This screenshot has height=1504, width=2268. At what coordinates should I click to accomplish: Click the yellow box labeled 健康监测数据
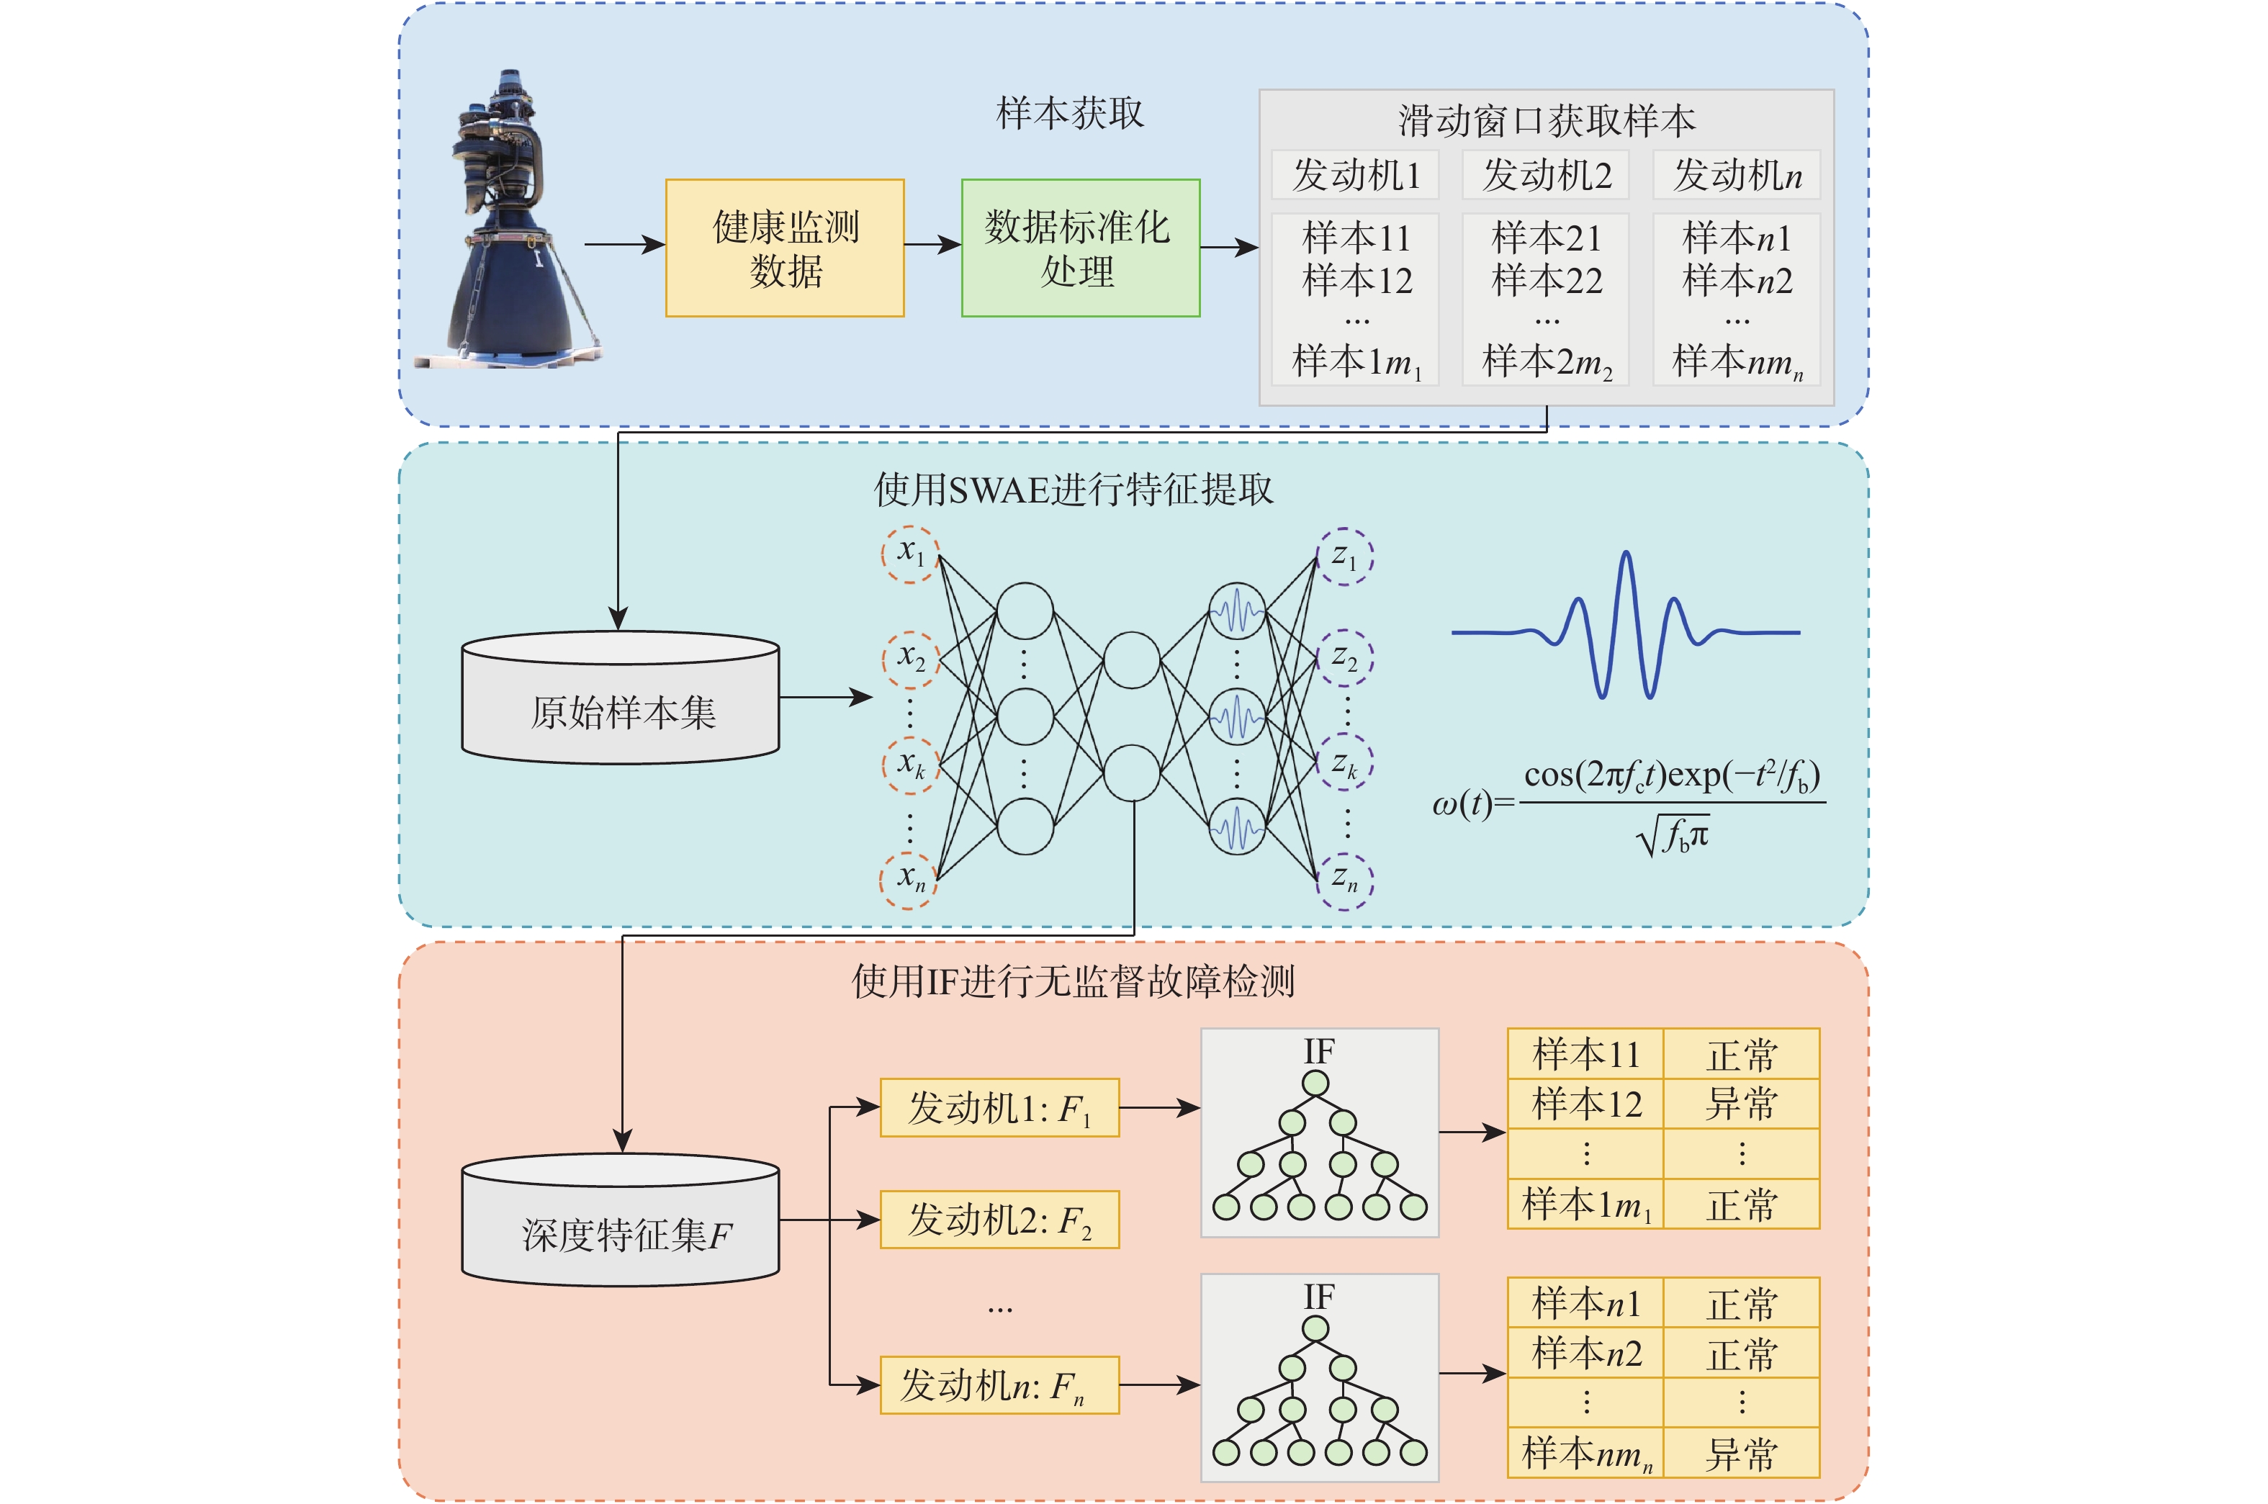coord(785,248)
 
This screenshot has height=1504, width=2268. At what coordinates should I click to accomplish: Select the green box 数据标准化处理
coord(1081,248)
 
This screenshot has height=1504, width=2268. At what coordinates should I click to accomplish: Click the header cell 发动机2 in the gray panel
coord(1546,174)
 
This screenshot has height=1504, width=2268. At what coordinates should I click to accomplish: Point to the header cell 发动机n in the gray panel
coord(1737,174)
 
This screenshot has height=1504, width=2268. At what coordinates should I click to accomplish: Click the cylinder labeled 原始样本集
coord(621,698)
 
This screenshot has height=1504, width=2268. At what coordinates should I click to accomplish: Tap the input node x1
coord(909,554)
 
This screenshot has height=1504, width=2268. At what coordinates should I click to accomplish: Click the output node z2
coord(1346,659)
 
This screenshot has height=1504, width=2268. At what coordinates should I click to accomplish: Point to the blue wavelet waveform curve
coord(1626,626)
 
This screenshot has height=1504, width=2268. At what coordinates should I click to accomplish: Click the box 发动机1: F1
coord(999,1108)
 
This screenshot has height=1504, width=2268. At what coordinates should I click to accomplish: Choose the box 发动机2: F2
coord(999,1219)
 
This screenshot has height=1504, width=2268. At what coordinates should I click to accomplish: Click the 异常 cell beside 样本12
coord(1742,1104)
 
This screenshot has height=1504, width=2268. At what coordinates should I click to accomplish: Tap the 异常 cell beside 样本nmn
coord(1742,1452)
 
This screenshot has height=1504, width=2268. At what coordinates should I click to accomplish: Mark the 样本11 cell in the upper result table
coord(1585,1054)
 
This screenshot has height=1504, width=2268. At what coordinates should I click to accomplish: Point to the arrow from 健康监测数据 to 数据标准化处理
coord(933,245)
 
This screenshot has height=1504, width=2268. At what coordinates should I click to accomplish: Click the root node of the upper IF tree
coord(1315,1084)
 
